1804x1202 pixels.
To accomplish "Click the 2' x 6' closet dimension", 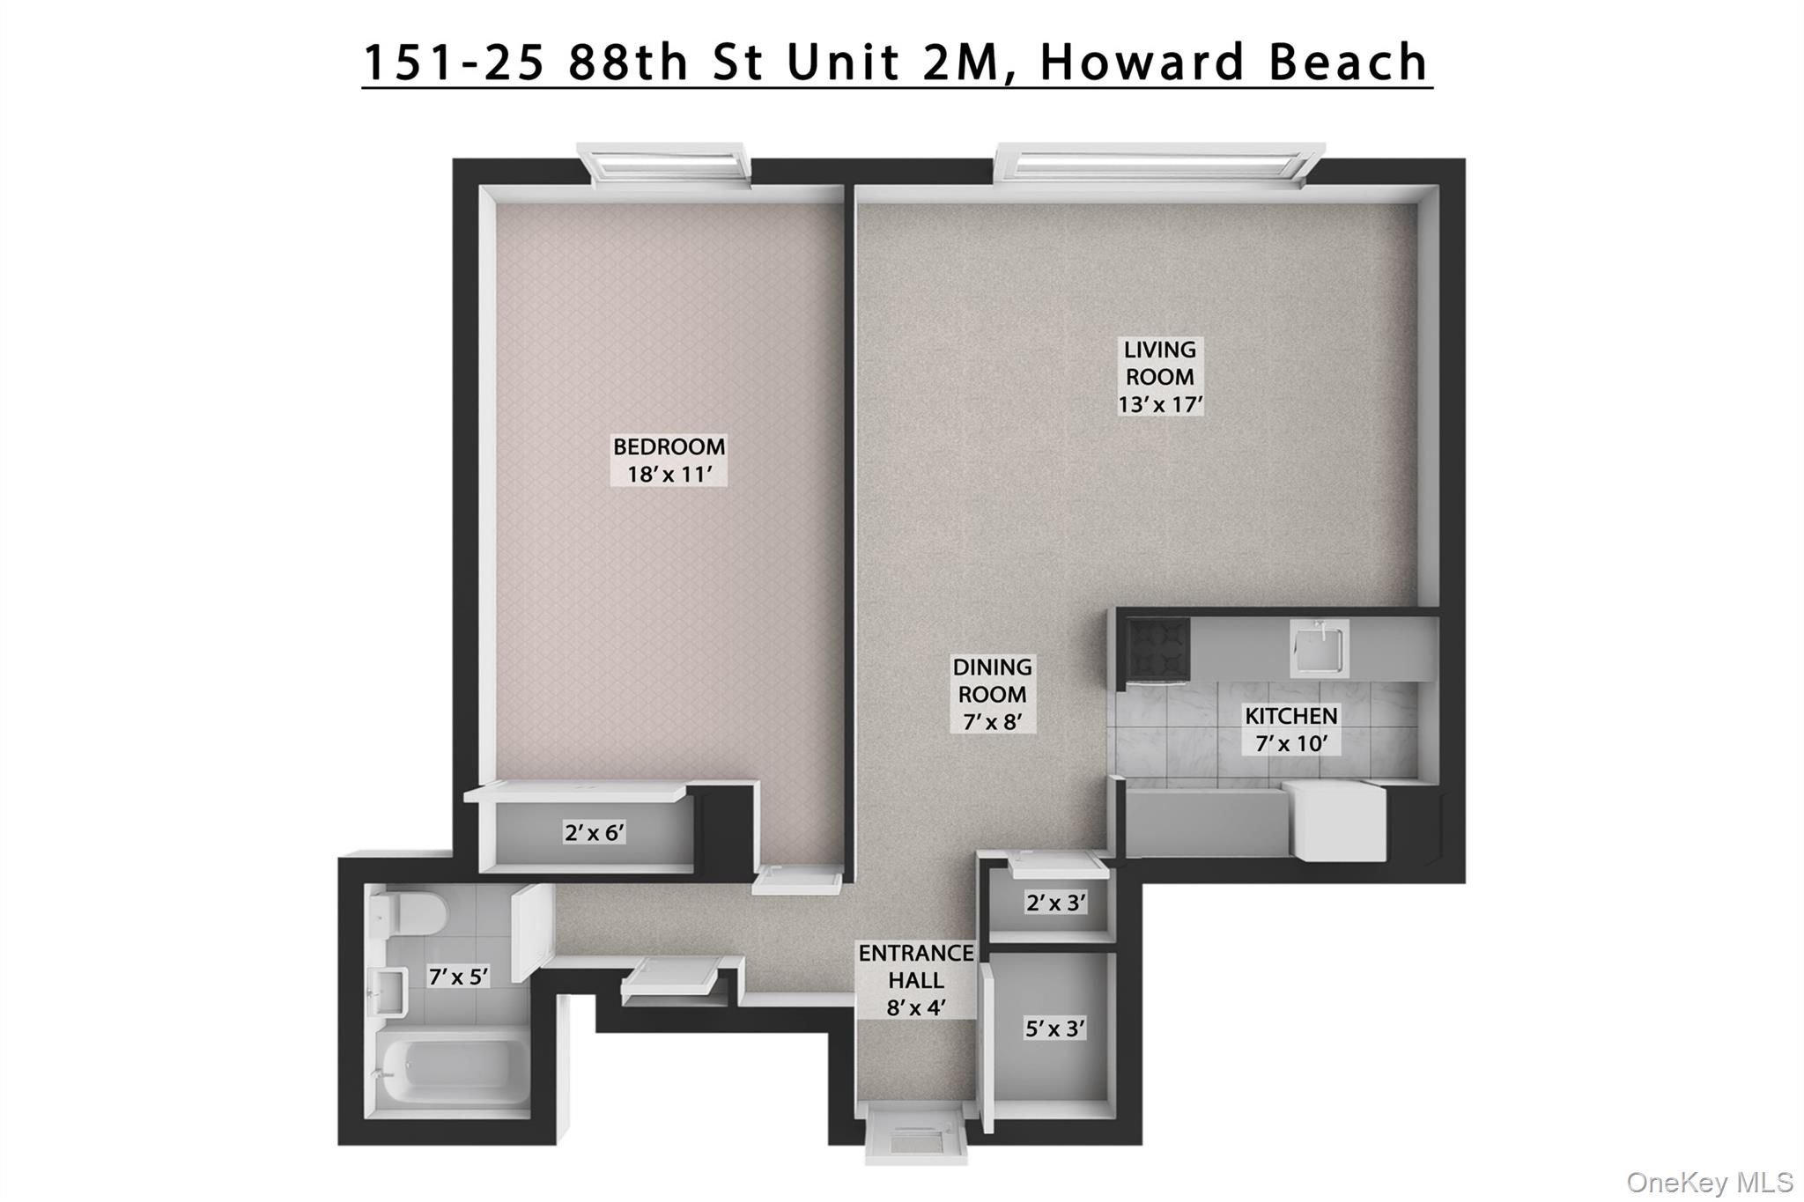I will pos(595,832).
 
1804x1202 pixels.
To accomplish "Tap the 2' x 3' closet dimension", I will pos(1055,903).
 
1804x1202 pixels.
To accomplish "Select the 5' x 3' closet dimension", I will pos(1054,1029).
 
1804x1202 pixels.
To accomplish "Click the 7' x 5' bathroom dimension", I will pos(458,977).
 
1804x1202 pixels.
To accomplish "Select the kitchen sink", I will pos(1319,647).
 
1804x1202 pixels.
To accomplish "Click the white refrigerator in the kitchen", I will pos(1335,821).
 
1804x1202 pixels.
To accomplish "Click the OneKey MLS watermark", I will pos(1709,1183).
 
